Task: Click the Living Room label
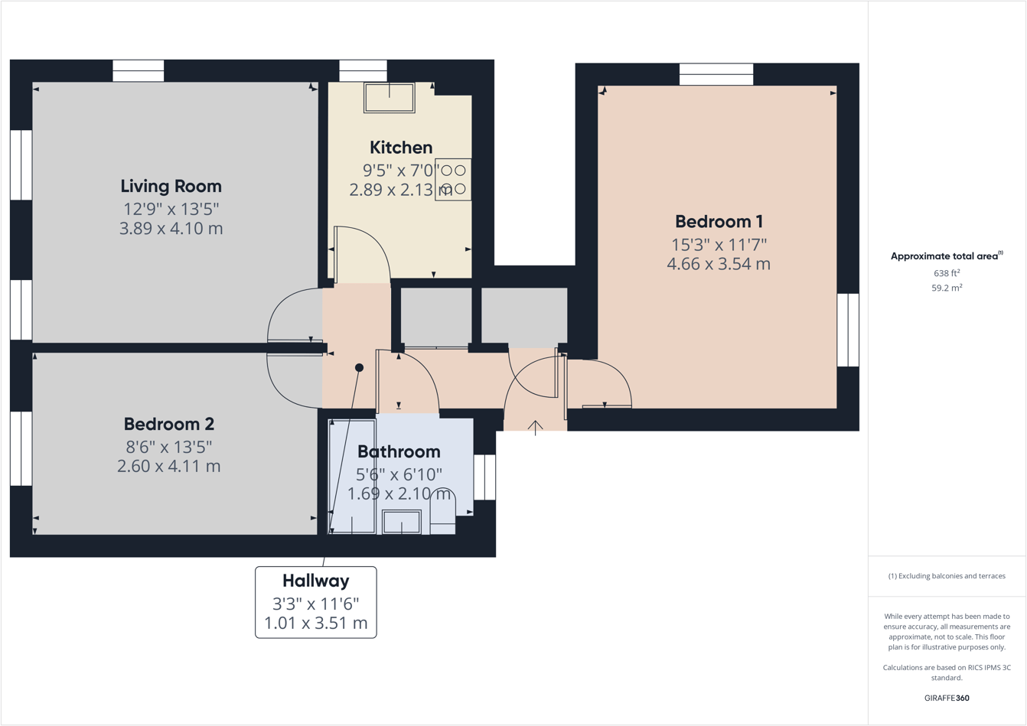tap(171, 186)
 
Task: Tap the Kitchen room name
tap(401, 148)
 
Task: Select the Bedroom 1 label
tap(719, 222)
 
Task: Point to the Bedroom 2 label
tap(168, 424)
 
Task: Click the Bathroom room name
tap(399, 451)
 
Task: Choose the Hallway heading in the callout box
tap(315, 581)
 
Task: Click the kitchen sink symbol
tap(390, 98)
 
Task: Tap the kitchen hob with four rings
tap(453, 180)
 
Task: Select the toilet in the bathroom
tap(442, 513)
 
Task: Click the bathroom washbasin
tap(402, 522)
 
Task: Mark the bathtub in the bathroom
tap(352, 476)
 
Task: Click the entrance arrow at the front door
tap(535, 427)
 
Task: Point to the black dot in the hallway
tap(359, 368)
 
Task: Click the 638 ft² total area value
tap(947, 273)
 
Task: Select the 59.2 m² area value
tap(947, 288)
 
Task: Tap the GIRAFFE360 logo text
tap(947, 698)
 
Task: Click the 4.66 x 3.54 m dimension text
tap(719, 264)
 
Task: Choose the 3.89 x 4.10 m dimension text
tap(171, 228)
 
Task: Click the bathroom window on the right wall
tap(484, 477)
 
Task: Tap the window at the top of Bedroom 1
tap(716, 74)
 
